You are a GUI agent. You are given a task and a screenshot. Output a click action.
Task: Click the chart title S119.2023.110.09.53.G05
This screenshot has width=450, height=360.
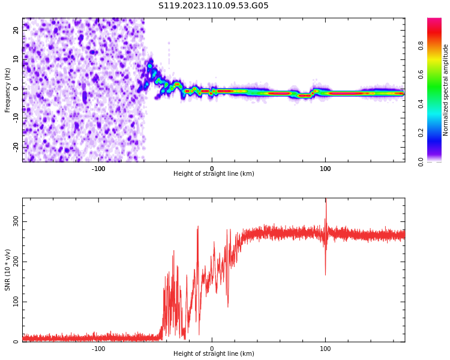(214, 6)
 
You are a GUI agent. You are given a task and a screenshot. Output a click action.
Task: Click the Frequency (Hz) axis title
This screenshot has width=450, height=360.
(8, 90)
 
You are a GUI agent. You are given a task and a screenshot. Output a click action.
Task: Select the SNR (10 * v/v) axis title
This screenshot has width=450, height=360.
(8, 270)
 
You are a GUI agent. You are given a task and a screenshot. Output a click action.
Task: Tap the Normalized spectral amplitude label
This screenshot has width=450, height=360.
(446, 90)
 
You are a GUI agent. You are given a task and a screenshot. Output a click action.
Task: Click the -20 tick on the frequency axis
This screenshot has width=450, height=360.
(16, 146)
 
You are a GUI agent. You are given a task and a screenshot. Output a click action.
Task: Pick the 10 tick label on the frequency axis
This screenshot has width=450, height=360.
(16, 59)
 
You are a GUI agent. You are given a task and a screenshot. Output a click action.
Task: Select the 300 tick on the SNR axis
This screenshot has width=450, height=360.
(16, 221)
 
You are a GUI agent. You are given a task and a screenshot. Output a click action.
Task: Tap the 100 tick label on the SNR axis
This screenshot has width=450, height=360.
(16, 302)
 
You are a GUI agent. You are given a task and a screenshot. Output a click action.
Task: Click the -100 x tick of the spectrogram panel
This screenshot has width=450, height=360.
(98, 169)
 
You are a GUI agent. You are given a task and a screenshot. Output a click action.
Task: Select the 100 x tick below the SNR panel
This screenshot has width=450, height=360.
(325, 349)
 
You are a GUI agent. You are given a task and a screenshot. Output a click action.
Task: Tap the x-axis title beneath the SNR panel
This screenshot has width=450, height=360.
(214, 354)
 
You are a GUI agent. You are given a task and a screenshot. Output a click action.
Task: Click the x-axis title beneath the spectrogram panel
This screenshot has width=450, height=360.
(214, 174)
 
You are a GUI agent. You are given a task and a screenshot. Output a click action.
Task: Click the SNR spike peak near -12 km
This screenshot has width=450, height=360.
(197, 227)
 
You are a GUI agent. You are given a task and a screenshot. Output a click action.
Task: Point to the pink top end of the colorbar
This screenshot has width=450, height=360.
(434, 21)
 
